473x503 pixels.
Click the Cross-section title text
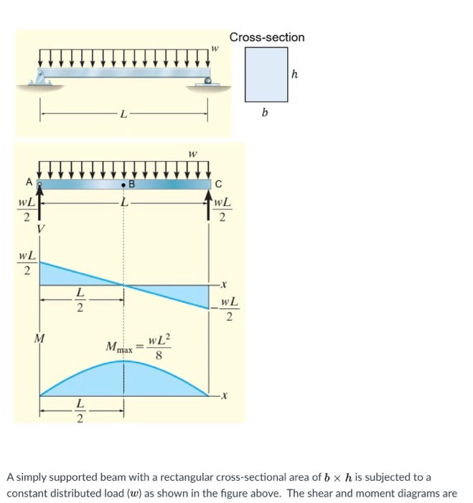[267, 37]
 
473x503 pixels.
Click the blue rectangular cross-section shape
[266, 74]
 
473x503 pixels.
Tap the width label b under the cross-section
[265, 113]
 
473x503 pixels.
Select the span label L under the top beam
[123, 114]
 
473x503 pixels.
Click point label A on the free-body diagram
[29, 182]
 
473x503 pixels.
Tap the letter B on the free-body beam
[131, 184]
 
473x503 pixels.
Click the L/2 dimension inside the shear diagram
[80, 301]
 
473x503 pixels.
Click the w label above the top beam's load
[213, 48]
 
